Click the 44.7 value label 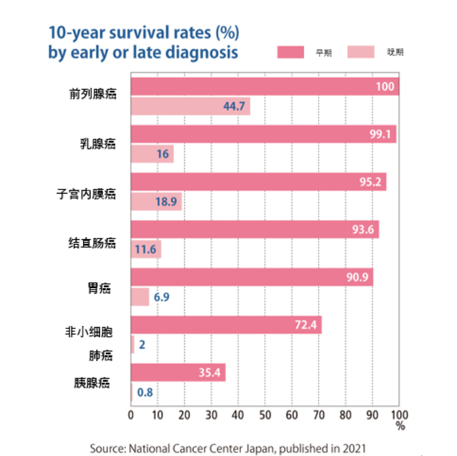pyautogui.click(x=234, y=106)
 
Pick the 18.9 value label pyautogui.click(x=166, y=202)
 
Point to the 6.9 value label pyautogui.click(x=162, y=297)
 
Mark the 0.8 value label pyautogui.click(x=144, y=393)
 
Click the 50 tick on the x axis pyautogui.click(x=265, y=415)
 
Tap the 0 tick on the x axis pyautogui.click(x=131, y=415)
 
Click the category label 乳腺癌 pyautogui.click(x=93, y=144)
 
